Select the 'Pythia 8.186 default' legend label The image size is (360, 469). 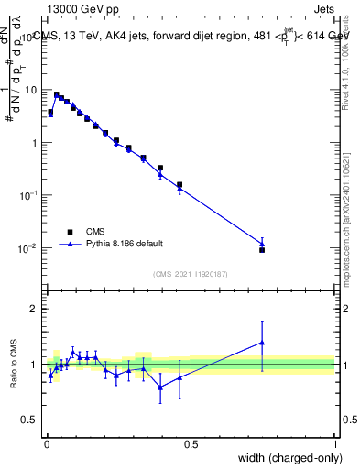pyautogui.click(x=125, y=244)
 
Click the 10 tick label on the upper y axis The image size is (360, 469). pyautogui.click(x=32, y=91)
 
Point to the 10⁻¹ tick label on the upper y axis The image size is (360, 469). pyautogui.click(x=30, y=195)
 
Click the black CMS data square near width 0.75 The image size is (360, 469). pyautogui.click(x=262, y=249)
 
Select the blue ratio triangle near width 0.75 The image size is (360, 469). pyautogui.click(x=262, y=343)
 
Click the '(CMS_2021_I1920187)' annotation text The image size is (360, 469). pyautogui.click(x=190, y=273)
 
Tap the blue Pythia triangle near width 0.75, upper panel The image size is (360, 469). pyautogui.click(x=262, y=244)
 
